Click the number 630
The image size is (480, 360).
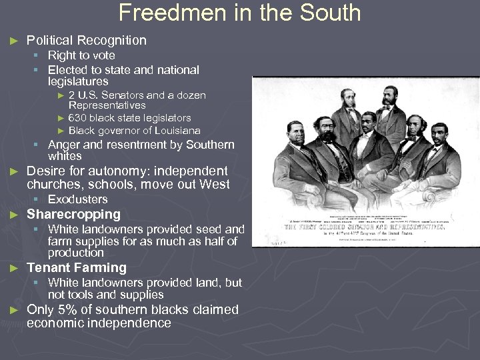(x=78, y=118)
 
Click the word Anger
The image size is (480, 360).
(x=65, y=145)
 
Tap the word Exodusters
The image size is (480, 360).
(x=77, y=199)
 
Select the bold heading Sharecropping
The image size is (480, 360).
(x=73, y=214)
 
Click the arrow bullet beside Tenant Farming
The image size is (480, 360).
(x=13, y=268)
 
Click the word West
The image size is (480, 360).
(x=214, y=184)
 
